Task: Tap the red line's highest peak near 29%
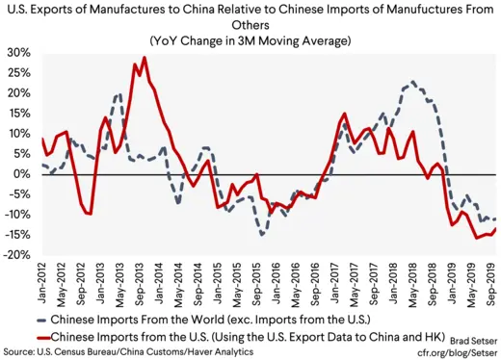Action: (x=145, y=57)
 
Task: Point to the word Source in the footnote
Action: (x=20, y=351)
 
